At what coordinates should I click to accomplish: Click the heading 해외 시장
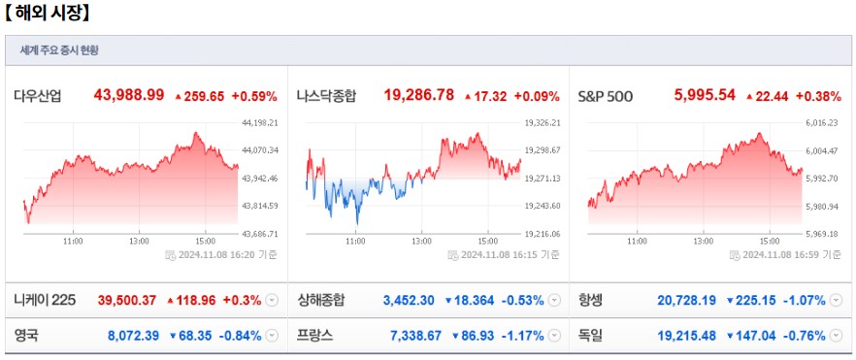pyautogui.click(x=49, y=13)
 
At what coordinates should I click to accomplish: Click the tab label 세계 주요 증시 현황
pyautogui.click(x=59, y=50)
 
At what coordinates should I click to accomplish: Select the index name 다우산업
pyautogui.click(x=38, y=95)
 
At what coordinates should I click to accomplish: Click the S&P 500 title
pyautogui.click(x=606, y=95)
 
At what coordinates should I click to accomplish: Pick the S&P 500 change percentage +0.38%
pyautogui.click(x=817, y=95)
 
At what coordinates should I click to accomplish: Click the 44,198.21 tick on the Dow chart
pyautogui.click(x=259, y=123)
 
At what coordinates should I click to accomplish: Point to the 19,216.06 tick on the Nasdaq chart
pyautogui.click(x=543, y=234)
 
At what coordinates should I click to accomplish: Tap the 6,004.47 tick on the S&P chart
pyautogui.click(x=828, y=150)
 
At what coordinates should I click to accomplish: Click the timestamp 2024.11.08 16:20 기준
pyautogui.click(x=226, y=255)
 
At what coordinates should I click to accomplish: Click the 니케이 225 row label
pyautogui.click(x=45, y=300)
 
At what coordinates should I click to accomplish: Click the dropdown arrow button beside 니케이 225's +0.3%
pyautogui.click(x=271, y=300)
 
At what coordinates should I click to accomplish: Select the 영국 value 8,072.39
pyautogui.click(x=133, y=336)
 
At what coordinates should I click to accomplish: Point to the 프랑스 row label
pyautogui.click(x=315, y=336)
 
